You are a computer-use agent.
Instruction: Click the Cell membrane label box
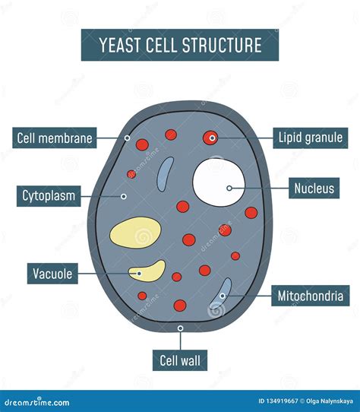tap(55, 138)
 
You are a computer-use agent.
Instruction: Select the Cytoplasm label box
tap(49, 197)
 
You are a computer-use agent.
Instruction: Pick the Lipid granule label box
tap(310, 138)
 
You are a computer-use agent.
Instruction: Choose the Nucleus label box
tap(314, 188)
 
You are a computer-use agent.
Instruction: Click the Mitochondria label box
tap(310, 296)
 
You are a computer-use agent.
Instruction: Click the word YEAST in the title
tap(119, 46)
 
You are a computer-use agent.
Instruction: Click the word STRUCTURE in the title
tap(221, 46)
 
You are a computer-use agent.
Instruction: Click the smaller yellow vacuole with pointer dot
tap(147, 271)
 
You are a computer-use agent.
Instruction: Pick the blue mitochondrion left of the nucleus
tap(164, 176)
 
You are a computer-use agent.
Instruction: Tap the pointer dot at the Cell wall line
tap(180, 328)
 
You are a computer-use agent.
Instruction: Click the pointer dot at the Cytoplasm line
tap(123, 196)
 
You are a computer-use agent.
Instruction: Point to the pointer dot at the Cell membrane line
tap(127, 138)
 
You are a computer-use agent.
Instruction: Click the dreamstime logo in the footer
tap(36, 402)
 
